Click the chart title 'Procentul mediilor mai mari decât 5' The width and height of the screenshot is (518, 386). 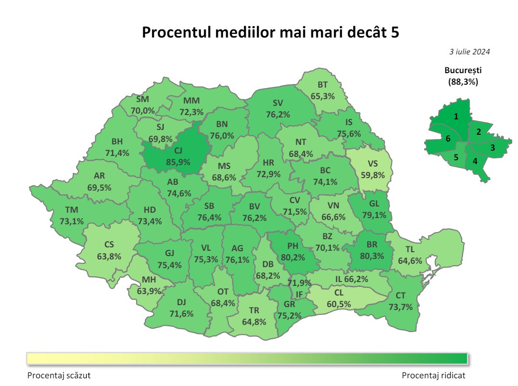[271, 32]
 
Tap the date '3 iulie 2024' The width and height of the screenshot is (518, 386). [469, 51]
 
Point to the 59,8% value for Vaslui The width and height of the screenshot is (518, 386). [373, 175]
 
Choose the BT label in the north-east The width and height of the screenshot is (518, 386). [323, 85]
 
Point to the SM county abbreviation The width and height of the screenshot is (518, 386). [142, 100]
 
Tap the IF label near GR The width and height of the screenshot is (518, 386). [299, 294]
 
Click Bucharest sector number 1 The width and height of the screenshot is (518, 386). [456, 116]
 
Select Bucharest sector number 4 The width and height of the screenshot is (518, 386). [475, 161]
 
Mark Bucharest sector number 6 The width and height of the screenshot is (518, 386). [448, 139]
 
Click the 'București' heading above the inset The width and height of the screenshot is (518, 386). [463, 70]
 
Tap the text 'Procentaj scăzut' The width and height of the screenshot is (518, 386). [59, 375]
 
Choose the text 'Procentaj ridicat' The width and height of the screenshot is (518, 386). [434, 375]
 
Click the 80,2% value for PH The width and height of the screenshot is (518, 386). [293, 257]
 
